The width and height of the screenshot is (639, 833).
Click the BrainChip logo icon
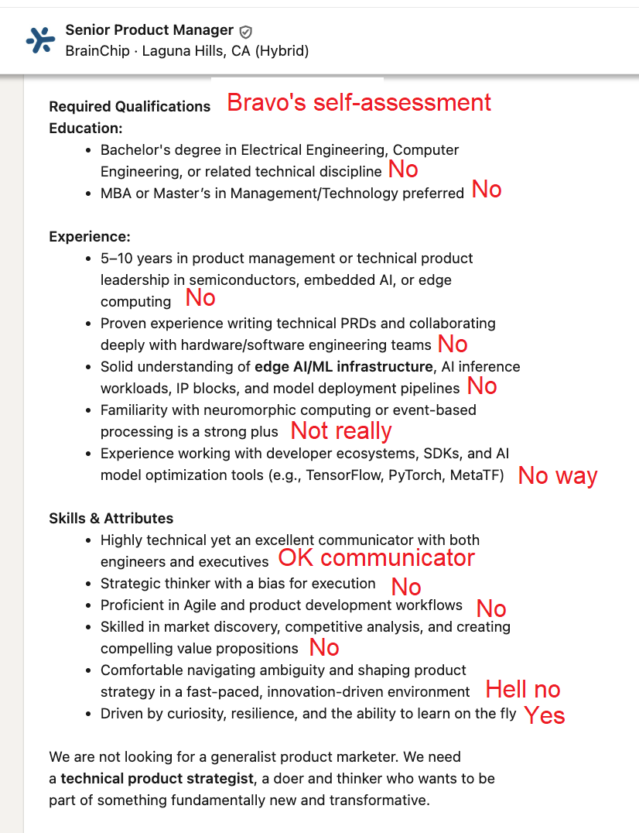[x=40, y=40]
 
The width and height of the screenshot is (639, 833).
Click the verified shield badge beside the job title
[x=246, y=32]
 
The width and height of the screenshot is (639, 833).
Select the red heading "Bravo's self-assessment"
[x=359, y=102]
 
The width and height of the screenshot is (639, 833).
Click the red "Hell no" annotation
[x=523, y=689]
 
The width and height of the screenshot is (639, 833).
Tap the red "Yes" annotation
[x=545, y=715]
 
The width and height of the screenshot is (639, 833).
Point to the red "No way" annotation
[x=558, y=475]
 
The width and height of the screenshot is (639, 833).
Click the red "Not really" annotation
[x=341, y=430]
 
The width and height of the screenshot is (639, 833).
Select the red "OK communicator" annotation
[x=377, y=557]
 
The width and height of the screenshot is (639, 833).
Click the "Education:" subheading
[x=86, y=129]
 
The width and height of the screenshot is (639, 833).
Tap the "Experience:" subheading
[x=90, y=237]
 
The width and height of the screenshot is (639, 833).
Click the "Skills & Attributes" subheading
[x=111, y=519]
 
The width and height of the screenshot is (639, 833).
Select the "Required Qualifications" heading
[x=130, y=107]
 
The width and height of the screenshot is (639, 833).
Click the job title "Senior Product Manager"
[x=149, y=30]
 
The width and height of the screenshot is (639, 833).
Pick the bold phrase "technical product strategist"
[x=157, y=778]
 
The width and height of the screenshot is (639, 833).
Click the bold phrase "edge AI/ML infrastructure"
[x=343, y=367]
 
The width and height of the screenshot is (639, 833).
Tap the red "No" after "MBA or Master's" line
[x=487, y=190]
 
